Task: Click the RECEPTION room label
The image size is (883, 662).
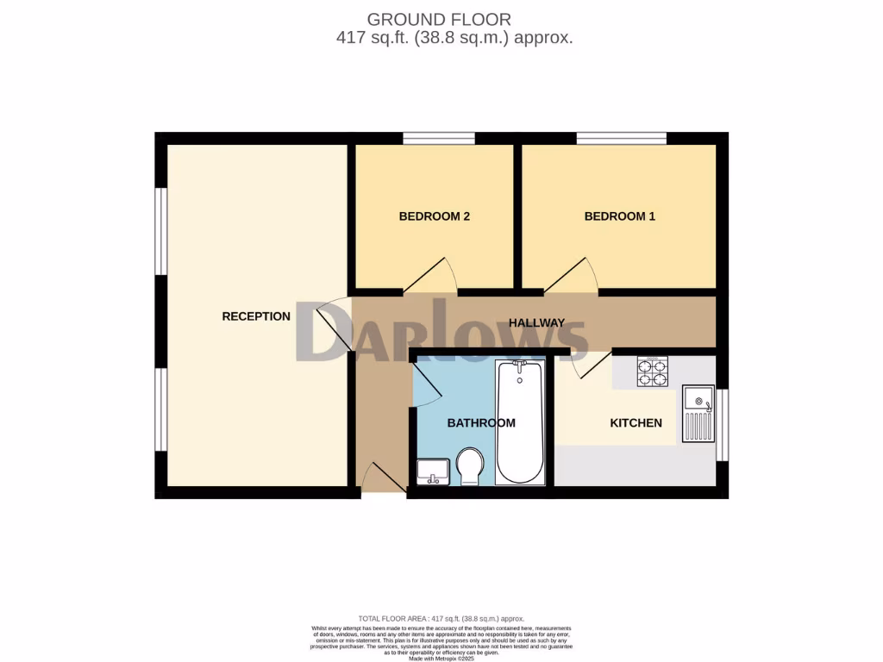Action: [256, 316]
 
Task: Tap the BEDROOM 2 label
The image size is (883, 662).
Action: [434, 216]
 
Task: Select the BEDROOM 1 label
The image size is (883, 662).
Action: [619, 216]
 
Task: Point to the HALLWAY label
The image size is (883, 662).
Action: [536, 323]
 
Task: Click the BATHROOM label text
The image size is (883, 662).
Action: [481, 423]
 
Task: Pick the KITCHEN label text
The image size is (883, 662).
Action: [636, 423]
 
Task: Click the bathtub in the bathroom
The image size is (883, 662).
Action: [520, 422]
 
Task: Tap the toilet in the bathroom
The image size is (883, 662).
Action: [471, 465]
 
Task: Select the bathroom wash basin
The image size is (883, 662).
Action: [432, 472]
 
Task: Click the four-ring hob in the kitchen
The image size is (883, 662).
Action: [652, 372]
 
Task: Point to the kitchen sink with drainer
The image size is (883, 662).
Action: [698, 413]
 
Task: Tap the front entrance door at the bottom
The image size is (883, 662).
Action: [383, 479]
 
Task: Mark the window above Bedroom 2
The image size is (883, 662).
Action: [439, 138]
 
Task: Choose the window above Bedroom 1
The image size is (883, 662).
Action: [621, 138]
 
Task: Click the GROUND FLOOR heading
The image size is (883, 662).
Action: [439, 19]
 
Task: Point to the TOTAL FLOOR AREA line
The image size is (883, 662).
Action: [441, 619]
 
